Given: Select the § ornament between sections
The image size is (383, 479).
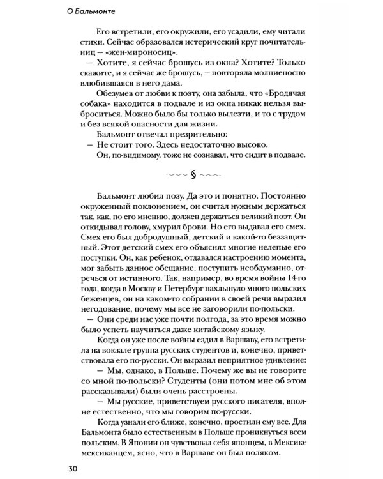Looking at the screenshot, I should pyautogui.click(x=193, y=174).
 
